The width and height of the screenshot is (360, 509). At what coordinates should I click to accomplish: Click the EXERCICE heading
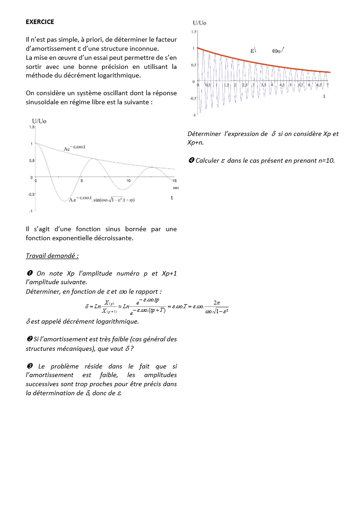(40, 22)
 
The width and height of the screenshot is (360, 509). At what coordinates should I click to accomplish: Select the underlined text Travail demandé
(52, 256)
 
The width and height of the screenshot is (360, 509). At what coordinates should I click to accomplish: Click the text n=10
(325, 160)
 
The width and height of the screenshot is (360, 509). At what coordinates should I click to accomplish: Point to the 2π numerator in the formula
(216, 301)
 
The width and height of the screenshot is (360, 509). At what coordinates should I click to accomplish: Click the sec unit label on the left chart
(176, 188)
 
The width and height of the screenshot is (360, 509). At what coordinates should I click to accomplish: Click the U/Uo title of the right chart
(199, 23)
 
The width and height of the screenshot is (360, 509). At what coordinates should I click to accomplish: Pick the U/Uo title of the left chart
(39, 121)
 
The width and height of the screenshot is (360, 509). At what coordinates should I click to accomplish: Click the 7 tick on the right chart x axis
(327, 85)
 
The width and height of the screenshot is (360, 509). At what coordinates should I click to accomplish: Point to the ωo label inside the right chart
(277, 51)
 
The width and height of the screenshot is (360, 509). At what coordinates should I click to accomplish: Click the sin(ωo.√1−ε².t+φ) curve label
(114, 199)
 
